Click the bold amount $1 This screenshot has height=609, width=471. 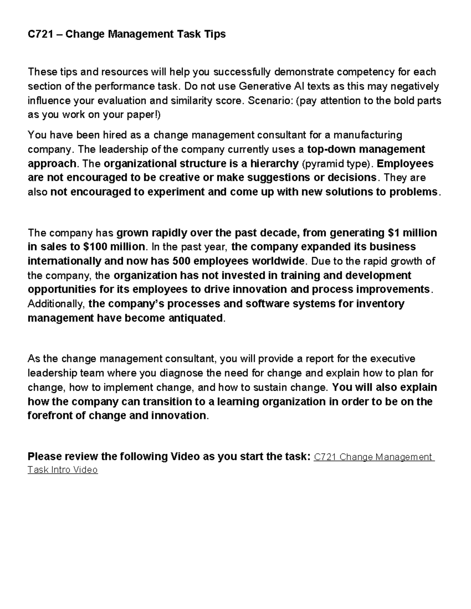tap(394, 233)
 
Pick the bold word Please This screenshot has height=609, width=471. tap(44, 457)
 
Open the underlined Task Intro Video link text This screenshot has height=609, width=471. tap(62, 470)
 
